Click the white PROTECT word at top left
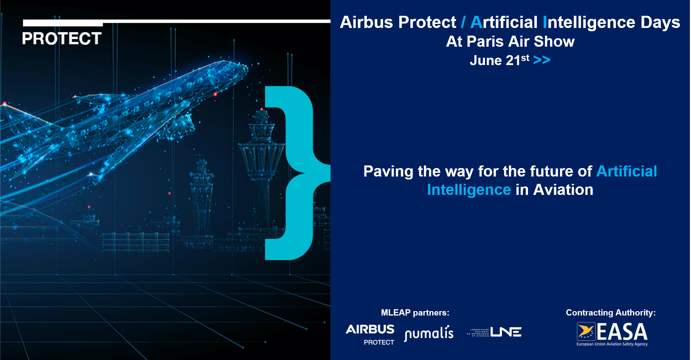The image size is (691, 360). tap(62, 39)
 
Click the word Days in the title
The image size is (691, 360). tap(660, 22)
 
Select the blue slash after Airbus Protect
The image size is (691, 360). tap(463, 22)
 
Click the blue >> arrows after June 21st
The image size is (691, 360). tap(542, 60)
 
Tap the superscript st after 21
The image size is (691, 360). tap(525, 58)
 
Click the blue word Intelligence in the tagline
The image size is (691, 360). tap(469, 190)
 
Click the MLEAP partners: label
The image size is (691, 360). tap(415, 313)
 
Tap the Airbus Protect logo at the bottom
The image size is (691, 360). tap(370, 334)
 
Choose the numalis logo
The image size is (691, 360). tap(429, 333)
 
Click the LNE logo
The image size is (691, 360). tap(495, 332)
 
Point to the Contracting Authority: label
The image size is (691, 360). tap(610, 313)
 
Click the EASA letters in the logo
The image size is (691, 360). tap(622, 332)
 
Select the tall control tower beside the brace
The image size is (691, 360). tap(262, 154)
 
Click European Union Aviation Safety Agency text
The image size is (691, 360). tap(612, 344)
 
